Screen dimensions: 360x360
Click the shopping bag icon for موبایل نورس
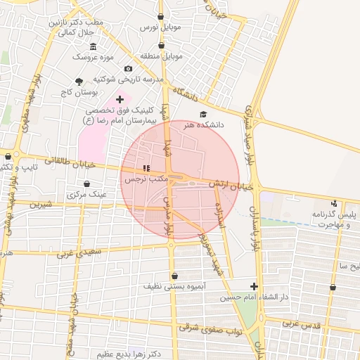point(161,15)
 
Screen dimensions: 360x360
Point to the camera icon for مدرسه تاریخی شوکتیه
point(128,68)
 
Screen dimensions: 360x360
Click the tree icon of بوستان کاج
point(79,82)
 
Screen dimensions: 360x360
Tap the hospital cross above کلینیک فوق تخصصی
point(120,99)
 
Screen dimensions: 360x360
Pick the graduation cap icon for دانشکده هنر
point(203,114)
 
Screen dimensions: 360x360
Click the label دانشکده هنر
point(203,125)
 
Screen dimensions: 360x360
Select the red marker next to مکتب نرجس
point(146,168)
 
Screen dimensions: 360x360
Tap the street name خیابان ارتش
point(231,186)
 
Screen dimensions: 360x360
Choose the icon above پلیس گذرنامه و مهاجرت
point(333,203)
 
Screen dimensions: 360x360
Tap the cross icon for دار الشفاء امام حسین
point(254,286)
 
